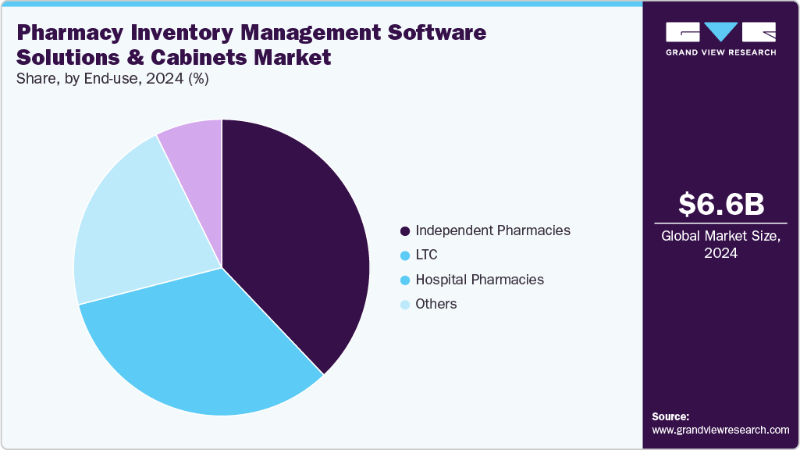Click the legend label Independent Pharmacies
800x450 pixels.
[x=492, y=230]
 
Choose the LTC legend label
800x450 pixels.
[x=426, y=255]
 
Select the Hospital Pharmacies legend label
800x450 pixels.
[x=479, y=280]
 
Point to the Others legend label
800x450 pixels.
[x=436, y=304]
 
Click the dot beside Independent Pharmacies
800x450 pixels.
[x=404, y=231]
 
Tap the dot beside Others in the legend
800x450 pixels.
[x=404, y=305]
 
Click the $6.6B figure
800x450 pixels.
[x=720, y=205]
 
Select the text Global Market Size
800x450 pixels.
[x=720, y=236]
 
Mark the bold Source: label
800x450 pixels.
[x=670, y=416]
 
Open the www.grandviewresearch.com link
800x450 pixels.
[x=720, y=430]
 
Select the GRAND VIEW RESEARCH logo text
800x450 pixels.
[x=720, y=52]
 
